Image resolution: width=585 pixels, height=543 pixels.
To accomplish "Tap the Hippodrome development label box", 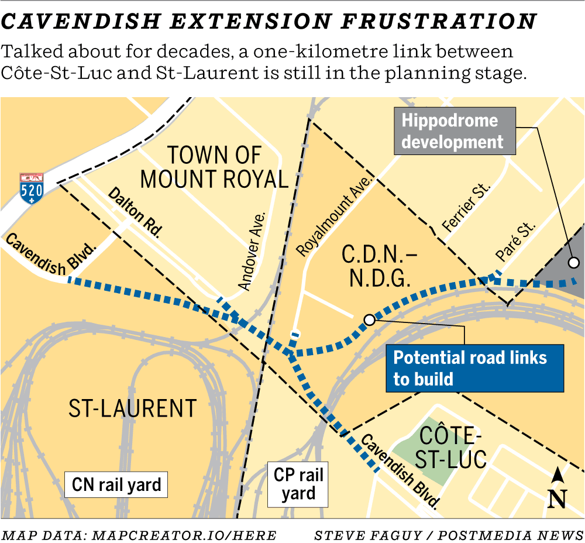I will pyautogui.click(x=454, y=130).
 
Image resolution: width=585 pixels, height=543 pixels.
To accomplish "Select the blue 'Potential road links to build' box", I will pyautogui.click(x=474, y=368).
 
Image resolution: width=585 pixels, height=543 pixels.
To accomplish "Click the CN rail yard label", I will pyautogui.click(x=116, y=484).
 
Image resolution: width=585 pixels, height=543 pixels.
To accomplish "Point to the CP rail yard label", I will pyautogui.click(x=298, y=484).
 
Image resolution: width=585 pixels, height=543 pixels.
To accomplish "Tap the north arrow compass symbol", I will pyautogui.click(x=558, y=489).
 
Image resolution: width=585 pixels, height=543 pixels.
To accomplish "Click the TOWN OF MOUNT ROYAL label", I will pyautogui.click(x=214, y=167).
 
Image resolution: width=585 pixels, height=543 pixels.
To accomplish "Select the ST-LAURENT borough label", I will pyautogui.click(x=132, y=408).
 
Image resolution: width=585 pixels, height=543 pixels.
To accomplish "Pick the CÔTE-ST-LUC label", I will pyautogui.click(x=453, y=448).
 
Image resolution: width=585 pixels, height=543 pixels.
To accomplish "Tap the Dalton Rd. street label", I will pyautogui.click(x=135, y=211).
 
